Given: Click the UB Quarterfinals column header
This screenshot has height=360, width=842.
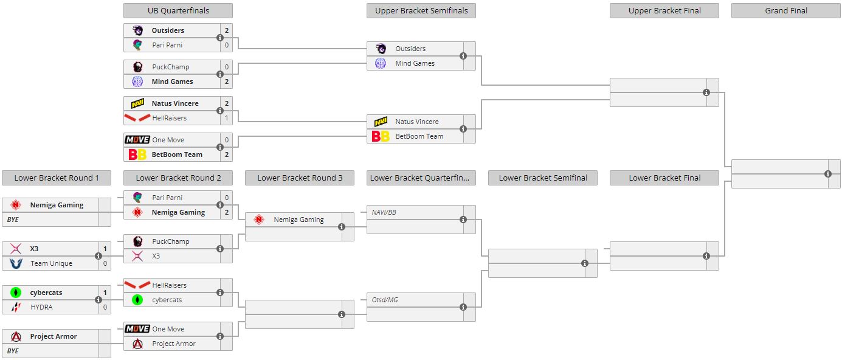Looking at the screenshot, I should [x=178, y=10].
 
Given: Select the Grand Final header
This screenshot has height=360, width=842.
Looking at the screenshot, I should [x=785, y=10].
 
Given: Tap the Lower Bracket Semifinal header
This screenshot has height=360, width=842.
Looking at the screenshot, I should [x=543, y=178].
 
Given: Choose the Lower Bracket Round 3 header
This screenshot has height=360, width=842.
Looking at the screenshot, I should [x=300, y=178].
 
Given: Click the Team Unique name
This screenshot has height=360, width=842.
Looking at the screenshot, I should [x=51, y=263].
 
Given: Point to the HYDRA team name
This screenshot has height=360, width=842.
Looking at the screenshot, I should [x=41, y=307].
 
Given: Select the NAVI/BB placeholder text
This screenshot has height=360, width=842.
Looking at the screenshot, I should [x=384, y=212].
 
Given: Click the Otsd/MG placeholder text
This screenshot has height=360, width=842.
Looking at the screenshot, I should [x=384, y=300].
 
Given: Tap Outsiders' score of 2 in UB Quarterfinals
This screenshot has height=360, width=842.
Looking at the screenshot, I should [x=227, y=30].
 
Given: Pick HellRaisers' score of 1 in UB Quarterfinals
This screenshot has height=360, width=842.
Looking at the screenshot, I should [x=227, y=118].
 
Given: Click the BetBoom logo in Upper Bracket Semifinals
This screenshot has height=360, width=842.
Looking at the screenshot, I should [x=381, y=136].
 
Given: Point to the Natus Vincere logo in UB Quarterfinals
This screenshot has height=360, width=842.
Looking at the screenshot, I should [x=137, y=103].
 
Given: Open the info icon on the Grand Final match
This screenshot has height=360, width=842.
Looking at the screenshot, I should [x=828, y=174].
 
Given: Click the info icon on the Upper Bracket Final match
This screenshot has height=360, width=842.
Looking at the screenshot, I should [x=706, y=92].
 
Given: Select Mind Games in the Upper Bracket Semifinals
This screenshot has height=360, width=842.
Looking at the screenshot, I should [x=415, y=63].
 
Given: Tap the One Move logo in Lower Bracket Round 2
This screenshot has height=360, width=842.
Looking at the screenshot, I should [x=137, y=329].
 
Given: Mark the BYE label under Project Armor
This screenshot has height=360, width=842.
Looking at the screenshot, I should [x=13, y=351].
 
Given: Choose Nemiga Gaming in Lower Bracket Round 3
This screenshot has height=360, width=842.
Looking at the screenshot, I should [x=298, y=220].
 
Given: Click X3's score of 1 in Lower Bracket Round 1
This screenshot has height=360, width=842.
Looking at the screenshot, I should [x=105, y=249].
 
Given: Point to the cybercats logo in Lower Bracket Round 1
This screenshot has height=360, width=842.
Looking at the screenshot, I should [x=16, y=292].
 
